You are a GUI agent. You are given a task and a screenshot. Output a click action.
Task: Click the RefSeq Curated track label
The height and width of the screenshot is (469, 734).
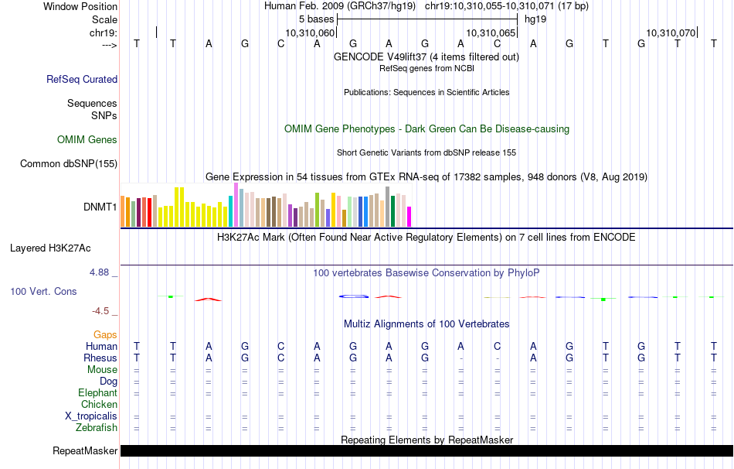point(82,79)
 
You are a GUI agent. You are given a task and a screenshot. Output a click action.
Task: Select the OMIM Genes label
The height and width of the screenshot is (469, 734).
point(87,140)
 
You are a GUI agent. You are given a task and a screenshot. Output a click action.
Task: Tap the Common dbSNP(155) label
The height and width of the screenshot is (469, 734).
point(69,163)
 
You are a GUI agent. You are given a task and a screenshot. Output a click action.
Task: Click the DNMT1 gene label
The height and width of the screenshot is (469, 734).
point(100,207)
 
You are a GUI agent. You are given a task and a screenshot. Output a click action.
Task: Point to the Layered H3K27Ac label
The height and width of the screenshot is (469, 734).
point(50,248)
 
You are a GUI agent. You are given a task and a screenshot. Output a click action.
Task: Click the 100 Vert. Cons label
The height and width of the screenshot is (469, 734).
point(42,292)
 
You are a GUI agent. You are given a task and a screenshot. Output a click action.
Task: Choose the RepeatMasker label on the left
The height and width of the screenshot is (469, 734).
point(85,450)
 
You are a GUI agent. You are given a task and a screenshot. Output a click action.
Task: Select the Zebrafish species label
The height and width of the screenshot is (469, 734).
point(97,427)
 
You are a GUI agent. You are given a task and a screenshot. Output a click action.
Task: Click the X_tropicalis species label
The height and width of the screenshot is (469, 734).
point(91,416)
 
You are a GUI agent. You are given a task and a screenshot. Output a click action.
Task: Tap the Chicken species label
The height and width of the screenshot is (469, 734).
point(99,404)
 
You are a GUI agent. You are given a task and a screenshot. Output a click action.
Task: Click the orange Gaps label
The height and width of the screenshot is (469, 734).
point(105,334)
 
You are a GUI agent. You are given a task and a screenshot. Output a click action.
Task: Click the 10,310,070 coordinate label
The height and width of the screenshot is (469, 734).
point(671,33)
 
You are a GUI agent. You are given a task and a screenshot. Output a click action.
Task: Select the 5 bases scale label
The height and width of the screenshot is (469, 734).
point(316,18)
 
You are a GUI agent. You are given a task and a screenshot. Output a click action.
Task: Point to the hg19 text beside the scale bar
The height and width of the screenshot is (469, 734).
point(535,18)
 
